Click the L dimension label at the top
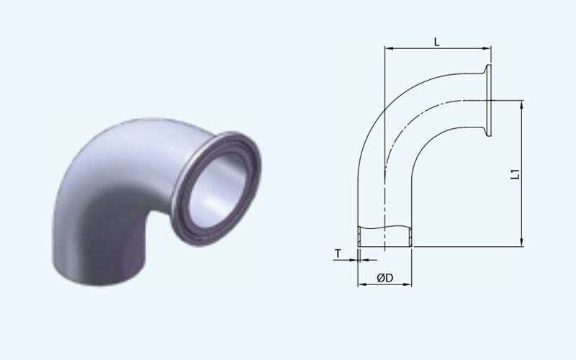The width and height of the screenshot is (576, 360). [436, 42]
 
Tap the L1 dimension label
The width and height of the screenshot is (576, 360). [516, 174]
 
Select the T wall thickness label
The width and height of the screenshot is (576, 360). [338, 253]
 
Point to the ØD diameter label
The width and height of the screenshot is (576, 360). [385, 278]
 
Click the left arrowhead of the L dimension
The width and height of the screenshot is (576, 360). [387, 48]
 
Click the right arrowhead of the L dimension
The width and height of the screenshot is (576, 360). [487, 48]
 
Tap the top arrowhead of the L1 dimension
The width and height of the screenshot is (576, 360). [521, 104]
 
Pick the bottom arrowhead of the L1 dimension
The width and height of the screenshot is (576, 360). [521, 243]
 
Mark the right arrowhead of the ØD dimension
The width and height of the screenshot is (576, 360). [408, 284]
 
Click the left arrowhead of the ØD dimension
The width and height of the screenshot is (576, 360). [362, 284]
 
